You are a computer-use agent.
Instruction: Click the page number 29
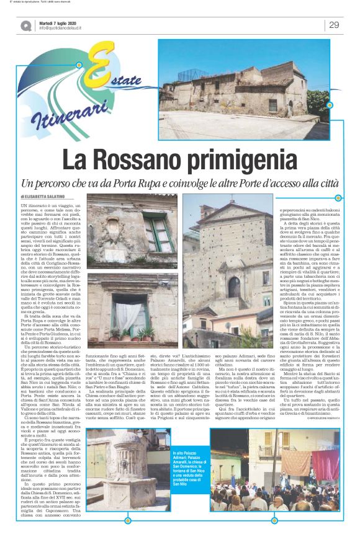coord(333,25)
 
